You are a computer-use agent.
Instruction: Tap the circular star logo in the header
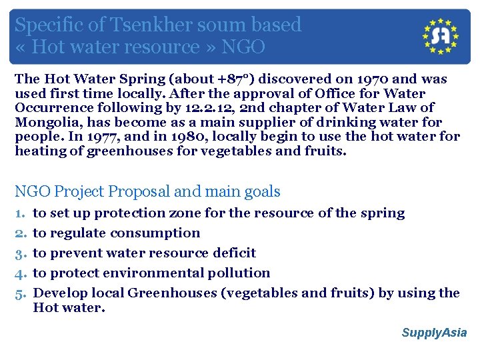click(x=441, y=36)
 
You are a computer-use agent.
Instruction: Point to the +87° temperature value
click(x=233, y=79)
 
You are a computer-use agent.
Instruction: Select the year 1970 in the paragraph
click(x=375, y=79)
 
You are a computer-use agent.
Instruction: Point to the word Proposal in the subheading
click(x=137, y=192)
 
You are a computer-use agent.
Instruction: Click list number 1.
click(x=19, y=213)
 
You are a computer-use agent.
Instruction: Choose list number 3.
click(x=19, y=253)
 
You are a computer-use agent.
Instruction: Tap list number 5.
click(x=19, y=293)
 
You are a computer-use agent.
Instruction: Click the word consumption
click(x=155, y=233)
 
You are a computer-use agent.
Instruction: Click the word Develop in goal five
click(x=57, y=293)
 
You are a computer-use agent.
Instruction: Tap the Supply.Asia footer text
click(x=434, y=333)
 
